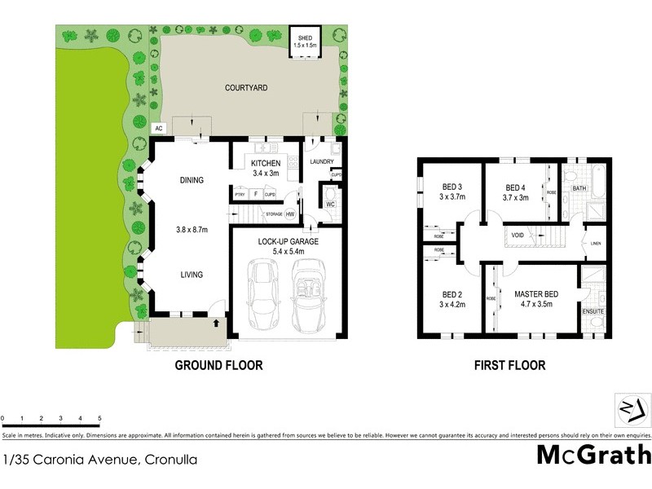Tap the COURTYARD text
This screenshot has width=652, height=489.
point(246,87)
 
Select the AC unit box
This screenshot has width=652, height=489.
point(159,129)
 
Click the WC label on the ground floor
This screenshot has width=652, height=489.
point(330,204)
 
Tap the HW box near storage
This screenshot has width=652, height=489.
point(289,214)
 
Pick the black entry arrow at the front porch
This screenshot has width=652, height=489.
point(216,324)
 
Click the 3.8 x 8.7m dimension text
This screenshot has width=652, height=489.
point(192,230)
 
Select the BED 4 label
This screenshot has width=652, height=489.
point(515,187)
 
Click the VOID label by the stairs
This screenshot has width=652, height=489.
point(518,236)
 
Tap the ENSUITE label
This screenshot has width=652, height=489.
point(593,311)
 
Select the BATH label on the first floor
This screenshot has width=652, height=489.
point(579,188)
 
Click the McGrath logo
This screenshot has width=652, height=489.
point(593,454)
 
